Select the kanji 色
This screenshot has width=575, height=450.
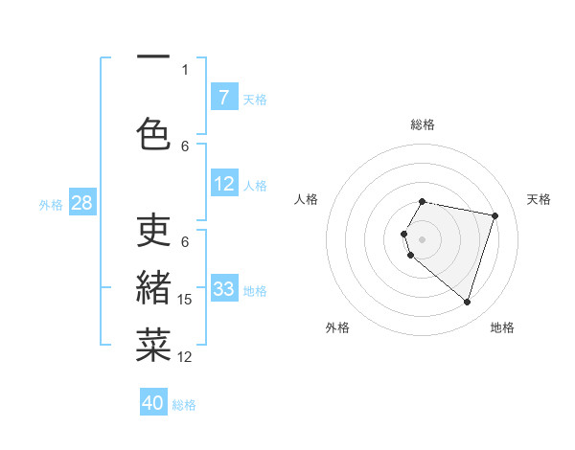click(x=153, y=133)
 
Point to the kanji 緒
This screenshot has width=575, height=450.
click(x=153, y=286)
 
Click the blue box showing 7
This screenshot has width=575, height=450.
click(x=224, y=98)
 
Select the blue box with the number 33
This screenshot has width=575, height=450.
click(x=224, y=289)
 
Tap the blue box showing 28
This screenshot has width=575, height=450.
click(x=81, y=203)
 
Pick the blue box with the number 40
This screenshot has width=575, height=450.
click(x=153, y=403)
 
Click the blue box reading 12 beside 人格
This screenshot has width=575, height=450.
click(x=224, y=184)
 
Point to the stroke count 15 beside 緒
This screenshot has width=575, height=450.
click(x=185, y=300)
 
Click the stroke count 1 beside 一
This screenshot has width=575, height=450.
click(x=185, y=69)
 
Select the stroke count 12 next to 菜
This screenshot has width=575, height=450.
click(x=185, y=357)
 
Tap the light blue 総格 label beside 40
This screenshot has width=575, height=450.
click(x=184, y=405)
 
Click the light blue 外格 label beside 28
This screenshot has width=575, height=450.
click(x=51, y=204)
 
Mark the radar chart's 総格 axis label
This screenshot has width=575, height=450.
click(x=423, y=124)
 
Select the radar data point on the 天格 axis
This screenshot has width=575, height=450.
click(x=494, y=215)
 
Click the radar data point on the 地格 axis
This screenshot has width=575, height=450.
click(x=467, y=302)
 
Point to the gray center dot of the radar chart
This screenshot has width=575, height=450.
click(x=423, y=238)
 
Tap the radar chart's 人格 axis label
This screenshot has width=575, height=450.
click(x=307, y=199)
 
